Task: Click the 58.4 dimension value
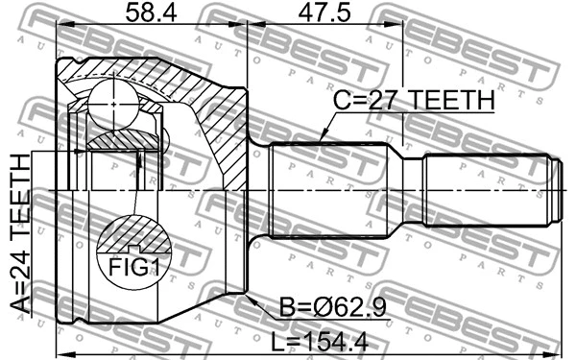pyautogui.click(x=148, y=14)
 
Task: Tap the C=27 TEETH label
pyautogui.click(x=413, y=101)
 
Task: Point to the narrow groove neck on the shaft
pyautogui.click(x=411, y=192)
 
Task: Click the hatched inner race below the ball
pyautogui.click(x=115, y=138)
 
